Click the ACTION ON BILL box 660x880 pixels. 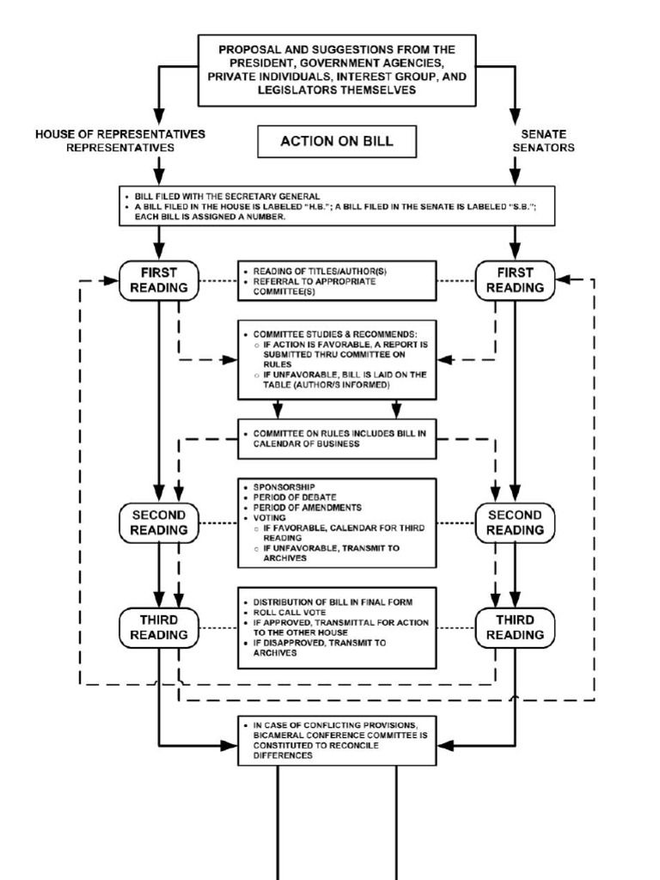tap(337, 142)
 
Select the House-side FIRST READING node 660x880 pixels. tap(159, 280)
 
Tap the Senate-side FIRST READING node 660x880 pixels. tap(515, 280)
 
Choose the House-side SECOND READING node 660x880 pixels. tap(159, 522)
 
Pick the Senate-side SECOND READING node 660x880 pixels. tap(515, 522)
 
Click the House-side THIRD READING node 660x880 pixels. tap(159, 627)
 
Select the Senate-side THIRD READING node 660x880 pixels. tap(515, 627)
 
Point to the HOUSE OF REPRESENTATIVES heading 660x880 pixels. tap(120, 140)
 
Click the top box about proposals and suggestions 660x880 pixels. tap(337, 70)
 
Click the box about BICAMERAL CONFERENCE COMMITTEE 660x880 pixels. tap(337, 740)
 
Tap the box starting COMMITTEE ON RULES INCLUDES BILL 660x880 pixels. tap(337, 438)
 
